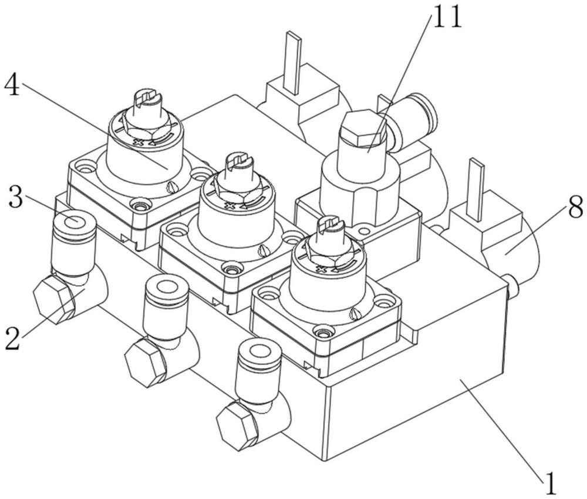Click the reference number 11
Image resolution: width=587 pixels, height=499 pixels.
[x=447, y=17]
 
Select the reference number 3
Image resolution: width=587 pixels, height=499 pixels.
[x=16, y=198]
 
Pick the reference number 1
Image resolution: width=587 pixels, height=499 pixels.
[x=549, y=484]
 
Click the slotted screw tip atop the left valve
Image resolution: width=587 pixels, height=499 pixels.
[x=146, y=98]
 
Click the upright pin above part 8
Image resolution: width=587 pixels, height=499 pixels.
[x=476, y=189]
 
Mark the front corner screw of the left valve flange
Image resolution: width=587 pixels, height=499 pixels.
[x=140, y=206]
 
